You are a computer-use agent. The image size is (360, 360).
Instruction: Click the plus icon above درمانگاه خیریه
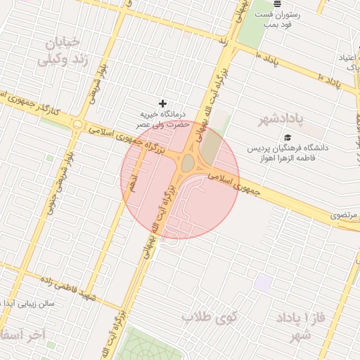[x=163, y=103]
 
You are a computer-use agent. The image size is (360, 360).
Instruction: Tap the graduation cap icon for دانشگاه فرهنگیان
[x=287, y=138]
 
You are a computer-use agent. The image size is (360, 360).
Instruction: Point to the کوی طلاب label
[x=210, y=317]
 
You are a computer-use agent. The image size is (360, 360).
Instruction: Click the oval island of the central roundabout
[x=188, y=164]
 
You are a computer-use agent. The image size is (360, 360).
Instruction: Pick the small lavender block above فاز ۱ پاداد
[x=264, y=283]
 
